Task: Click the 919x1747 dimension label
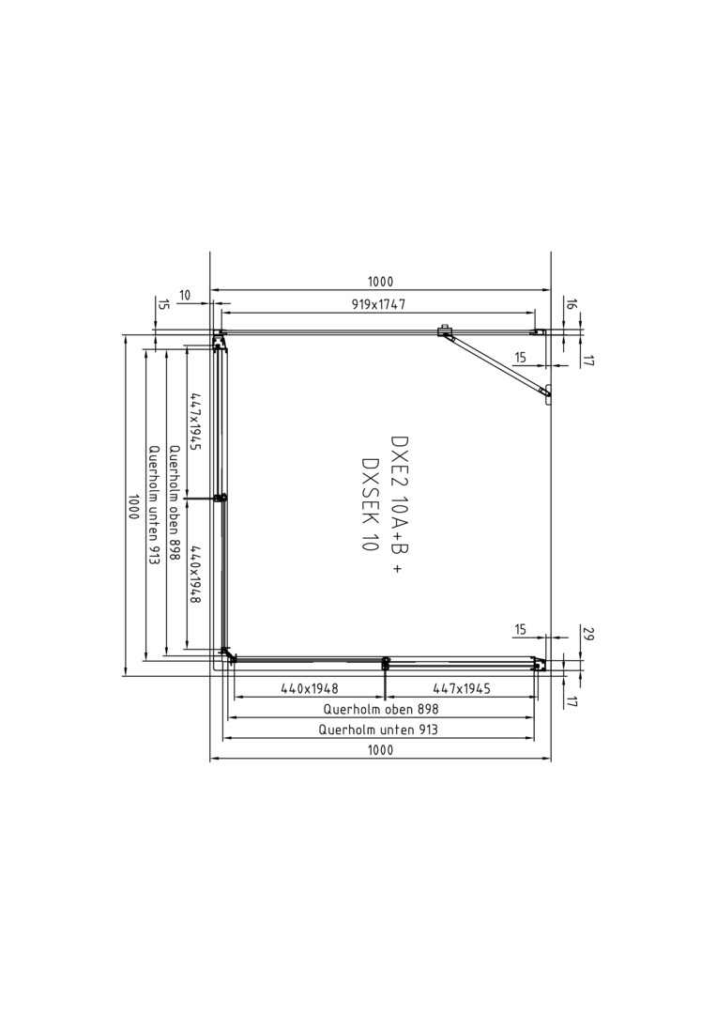pos(379,304)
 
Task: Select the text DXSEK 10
pos(371,504)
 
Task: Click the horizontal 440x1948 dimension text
pos(310,689)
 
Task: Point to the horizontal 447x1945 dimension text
pos(461,689)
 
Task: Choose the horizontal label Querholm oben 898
pos(381,710)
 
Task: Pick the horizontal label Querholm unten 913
pos(378,730)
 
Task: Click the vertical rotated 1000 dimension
pos(134,507)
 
